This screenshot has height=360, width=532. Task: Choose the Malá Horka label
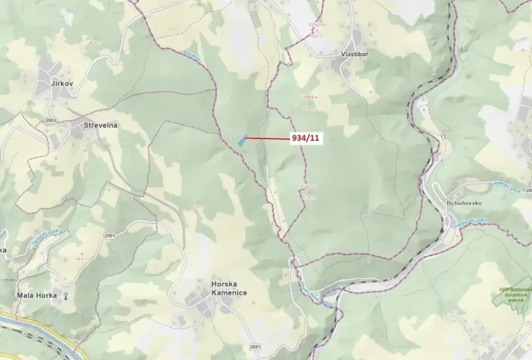(x=37, y=295)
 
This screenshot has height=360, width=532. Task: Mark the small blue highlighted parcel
(x=242, y=140)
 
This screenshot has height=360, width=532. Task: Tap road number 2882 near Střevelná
(x=51, y=122)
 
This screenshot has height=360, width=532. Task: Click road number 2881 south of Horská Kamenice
(x=255, y=348)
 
